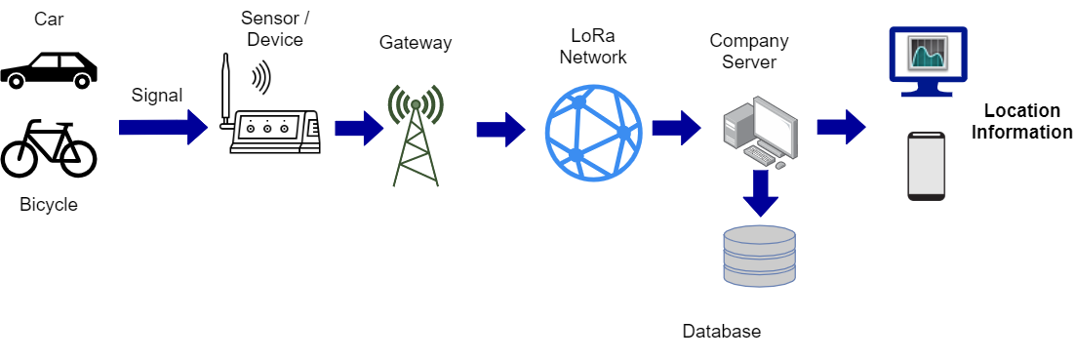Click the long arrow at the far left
pos(162,127)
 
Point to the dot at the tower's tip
pos(416,103)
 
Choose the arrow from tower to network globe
pos(500,129)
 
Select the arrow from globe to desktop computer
pos(676,128)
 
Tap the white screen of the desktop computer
pos(773,126)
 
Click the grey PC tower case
pos(736,127)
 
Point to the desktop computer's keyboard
pos(759,155)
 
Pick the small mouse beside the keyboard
pos(780,165)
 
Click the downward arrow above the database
pos(761,192)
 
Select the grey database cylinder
pos(759,256)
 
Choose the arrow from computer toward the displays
pos(841,127)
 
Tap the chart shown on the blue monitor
pos(928,53)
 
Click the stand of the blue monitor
pos(928,90)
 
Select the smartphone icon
pos(926,167)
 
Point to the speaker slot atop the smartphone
pos(926,136)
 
